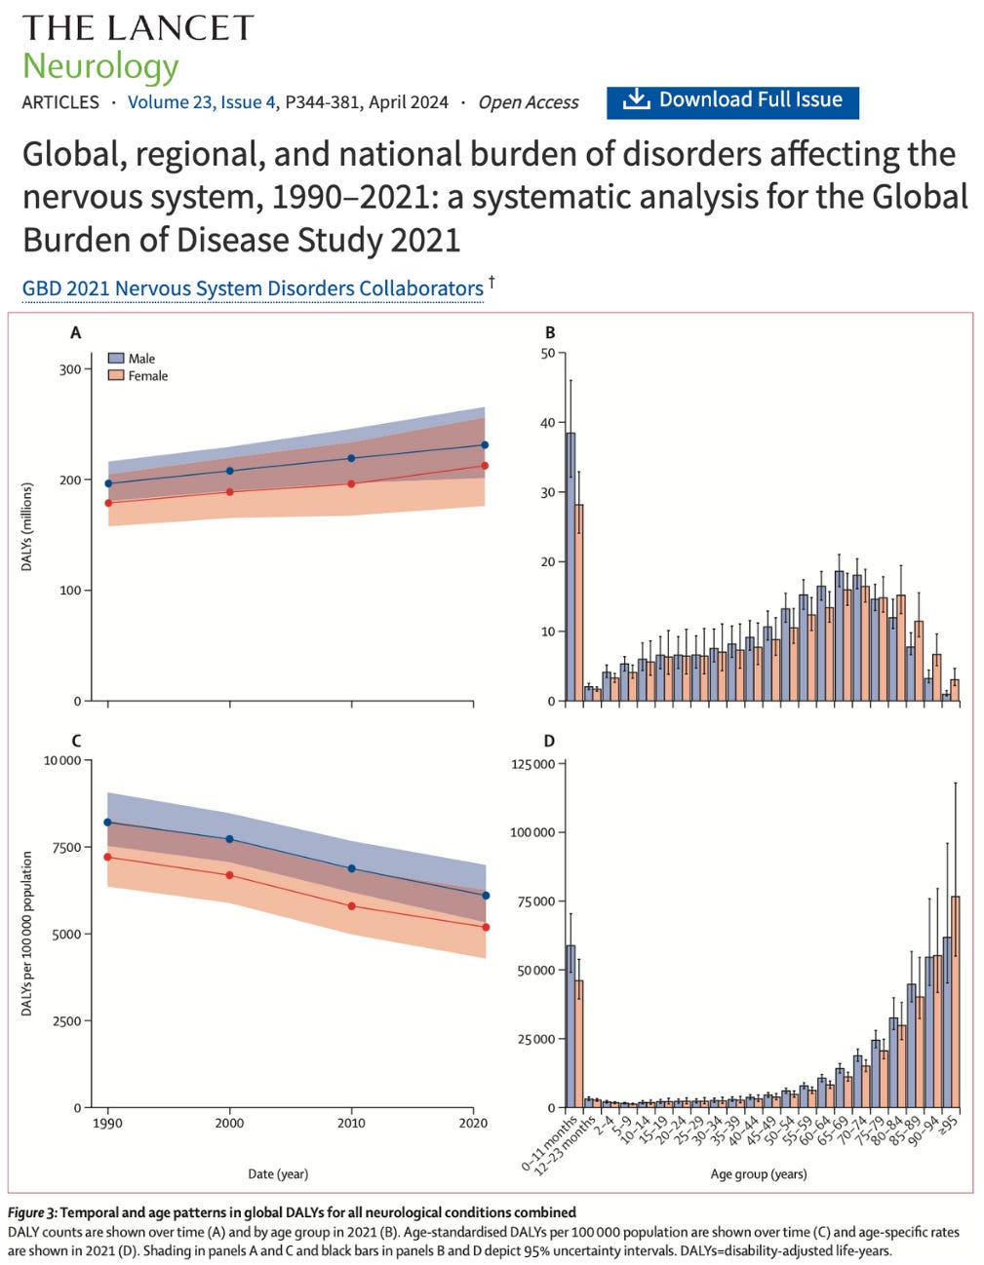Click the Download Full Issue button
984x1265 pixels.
coord(732,100)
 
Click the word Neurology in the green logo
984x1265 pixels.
coord(100,66)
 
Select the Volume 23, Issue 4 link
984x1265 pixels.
coord(201,102)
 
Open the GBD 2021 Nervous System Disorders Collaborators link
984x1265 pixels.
coord(253,288)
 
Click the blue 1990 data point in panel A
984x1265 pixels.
coord(108,483)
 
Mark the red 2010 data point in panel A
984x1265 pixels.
coord(351,484)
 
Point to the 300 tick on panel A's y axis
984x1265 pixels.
coord(70,369)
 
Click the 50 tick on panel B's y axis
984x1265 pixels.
coord(547,354)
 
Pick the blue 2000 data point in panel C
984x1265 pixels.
coord(229,839)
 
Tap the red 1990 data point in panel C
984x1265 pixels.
coord(108,858)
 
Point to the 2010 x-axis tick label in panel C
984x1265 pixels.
coord(351,1123)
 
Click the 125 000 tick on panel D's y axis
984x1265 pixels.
coord(532,764)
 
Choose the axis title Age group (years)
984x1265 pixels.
coord(758,1173)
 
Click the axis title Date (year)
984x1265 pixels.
coord(278,1173)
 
